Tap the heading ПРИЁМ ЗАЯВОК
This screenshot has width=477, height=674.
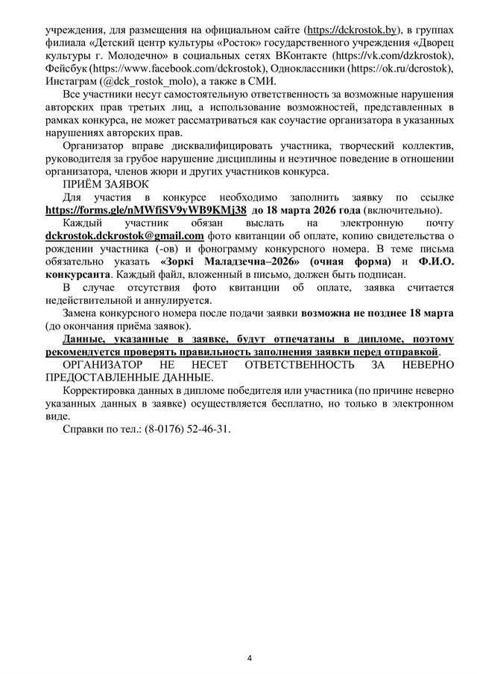tap(105, 185)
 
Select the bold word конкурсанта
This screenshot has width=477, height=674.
tap(78, 274)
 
